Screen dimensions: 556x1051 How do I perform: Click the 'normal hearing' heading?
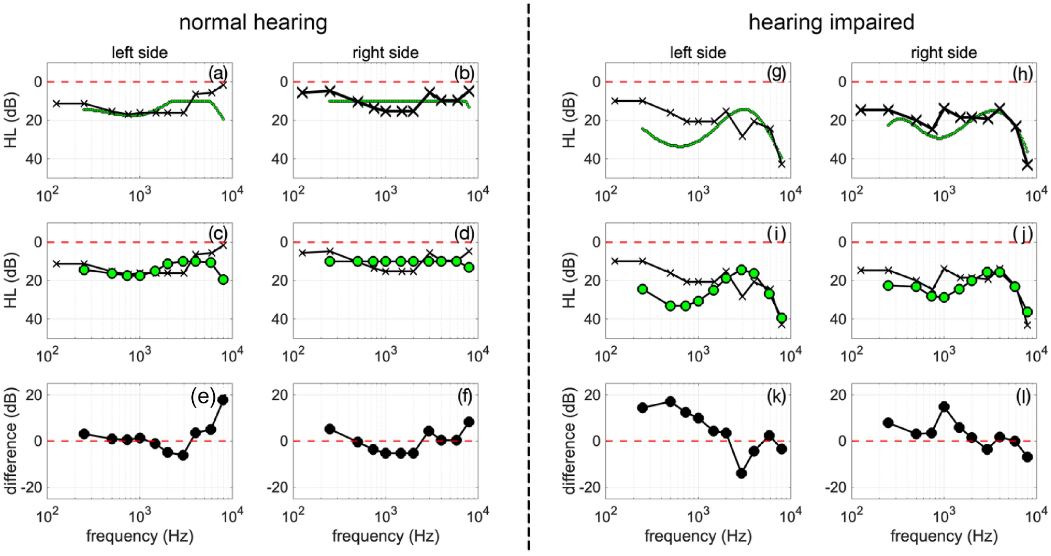[x=253, y=23]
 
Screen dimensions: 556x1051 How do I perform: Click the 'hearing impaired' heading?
[x=831, y=23]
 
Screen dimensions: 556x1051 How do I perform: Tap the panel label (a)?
[x=218, y=73]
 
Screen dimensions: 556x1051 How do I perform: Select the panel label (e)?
[x=203, y=397]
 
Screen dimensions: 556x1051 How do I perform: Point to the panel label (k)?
[x=776, y=397]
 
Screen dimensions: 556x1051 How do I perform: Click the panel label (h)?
[x=1022, y=73]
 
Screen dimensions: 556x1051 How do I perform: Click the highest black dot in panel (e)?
[x=223, y=400]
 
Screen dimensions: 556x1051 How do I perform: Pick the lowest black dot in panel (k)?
[x=741, y=473]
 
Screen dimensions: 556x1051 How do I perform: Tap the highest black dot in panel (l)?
[x=944, y=407]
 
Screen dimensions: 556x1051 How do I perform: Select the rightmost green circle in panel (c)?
[x=223, y=280]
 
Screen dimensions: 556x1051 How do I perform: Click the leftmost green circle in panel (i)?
[x=642, y=289]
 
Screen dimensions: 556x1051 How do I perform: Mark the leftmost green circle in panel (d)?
[x=330, y=261]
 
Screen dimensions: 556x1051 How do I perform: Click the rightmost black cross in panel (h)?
[x=1027, y=165]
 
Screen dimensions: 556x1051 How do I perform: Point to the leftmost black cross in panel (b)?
[x=302, y=93]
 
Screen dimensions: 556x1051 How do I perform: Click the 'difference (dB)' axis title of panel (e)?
[x=11, y=441]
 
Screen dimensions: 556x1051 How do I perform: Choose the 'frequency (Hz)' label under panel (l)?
[x=944, y=536]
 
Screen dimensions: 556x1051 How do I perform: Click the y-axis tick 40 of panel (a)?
[x=33, y=158]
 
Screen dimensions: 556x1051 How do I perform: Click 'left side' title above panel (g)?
[x=697, y=52]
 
